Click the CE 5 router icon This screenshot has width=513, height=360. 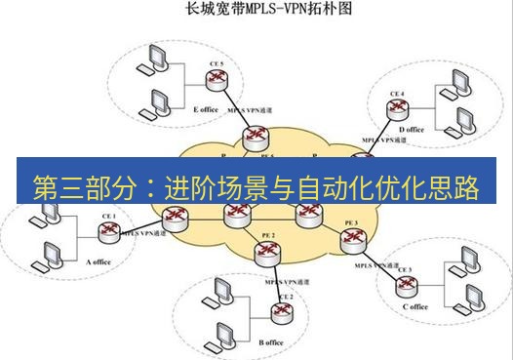(217, 81)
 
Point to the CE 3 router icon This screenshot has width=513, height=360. (403, 283)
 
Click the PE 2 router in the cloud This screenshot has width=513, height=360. (266, 252)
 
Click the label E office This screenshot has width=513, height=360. (206, 109)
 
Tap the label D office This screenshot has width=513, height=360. (412, 129)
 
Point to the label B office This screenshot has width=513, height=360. (271, 342)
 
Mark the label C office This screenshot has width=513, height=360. (414, 306)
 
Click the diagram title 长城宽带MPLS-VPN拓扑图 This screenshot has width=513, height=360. (256, 13)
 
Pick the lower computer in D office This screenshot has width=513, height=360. (459, 125)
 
